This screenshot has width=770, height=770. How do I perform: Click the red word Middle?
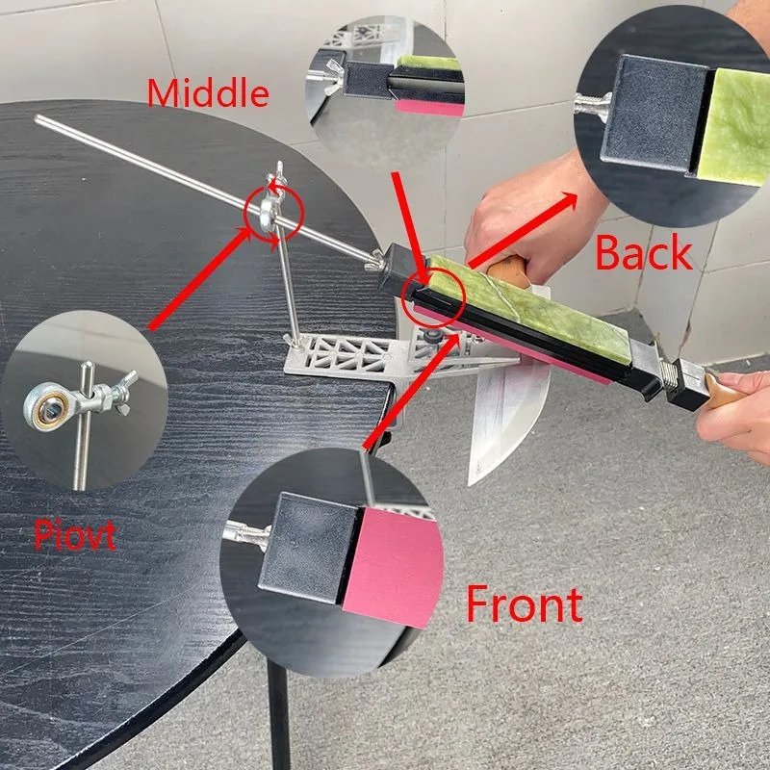[x=208, y=93]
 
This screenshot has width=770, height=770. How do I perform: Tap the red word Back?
[x=643, y=252]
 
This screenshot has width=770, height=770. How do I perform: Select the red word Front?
[x=524, y=603]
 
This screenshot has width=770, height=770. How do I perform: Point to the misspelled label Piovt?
[x=75, y=536]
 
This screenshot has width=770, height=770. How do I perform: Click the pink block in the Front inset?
[x=393, y=567]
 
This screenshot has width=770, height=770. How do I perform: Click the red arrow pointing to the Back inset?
[x=523, y=230]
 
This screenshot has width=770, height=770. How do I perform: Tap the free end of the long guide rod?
[x=37, y=117]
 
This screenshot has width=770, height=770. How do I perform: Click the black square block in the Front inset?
[x=309, y=549]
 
